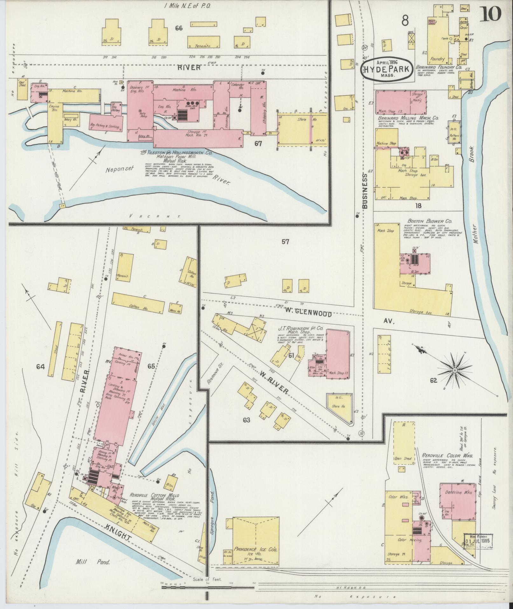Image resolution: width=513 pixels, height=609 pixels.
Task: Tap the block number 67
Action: [x=258, y=144]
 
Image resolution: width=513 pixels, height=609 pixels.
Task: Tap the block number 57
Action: [x=285, y=242]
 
